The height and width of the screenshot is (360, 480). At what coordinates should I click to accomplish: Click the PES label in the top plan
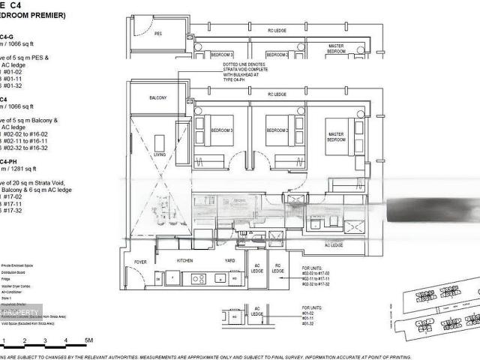tap(158, 34)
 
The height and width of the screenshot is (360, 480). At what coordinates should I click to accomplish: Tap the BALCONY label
tap(158, 98)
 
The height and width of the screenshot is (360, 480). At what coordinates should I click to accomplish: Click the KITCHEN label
tap(185, 260)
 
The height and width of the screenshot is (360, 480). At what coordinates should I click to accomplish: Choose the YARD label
tap(223, 260)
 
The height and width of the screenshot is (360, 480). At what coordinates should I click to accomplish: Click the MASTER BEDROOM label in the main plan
tap(336, 137)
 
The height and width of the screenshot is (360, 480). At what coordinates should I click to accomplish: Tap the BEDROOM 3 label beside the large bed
tap(220, 130)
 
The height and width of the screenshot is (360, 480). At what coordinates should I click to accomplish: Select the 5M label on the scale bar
tap(88, 341)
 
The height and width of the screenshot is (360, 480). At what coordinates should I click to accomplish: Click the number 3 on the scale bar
tap(46, 341)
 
